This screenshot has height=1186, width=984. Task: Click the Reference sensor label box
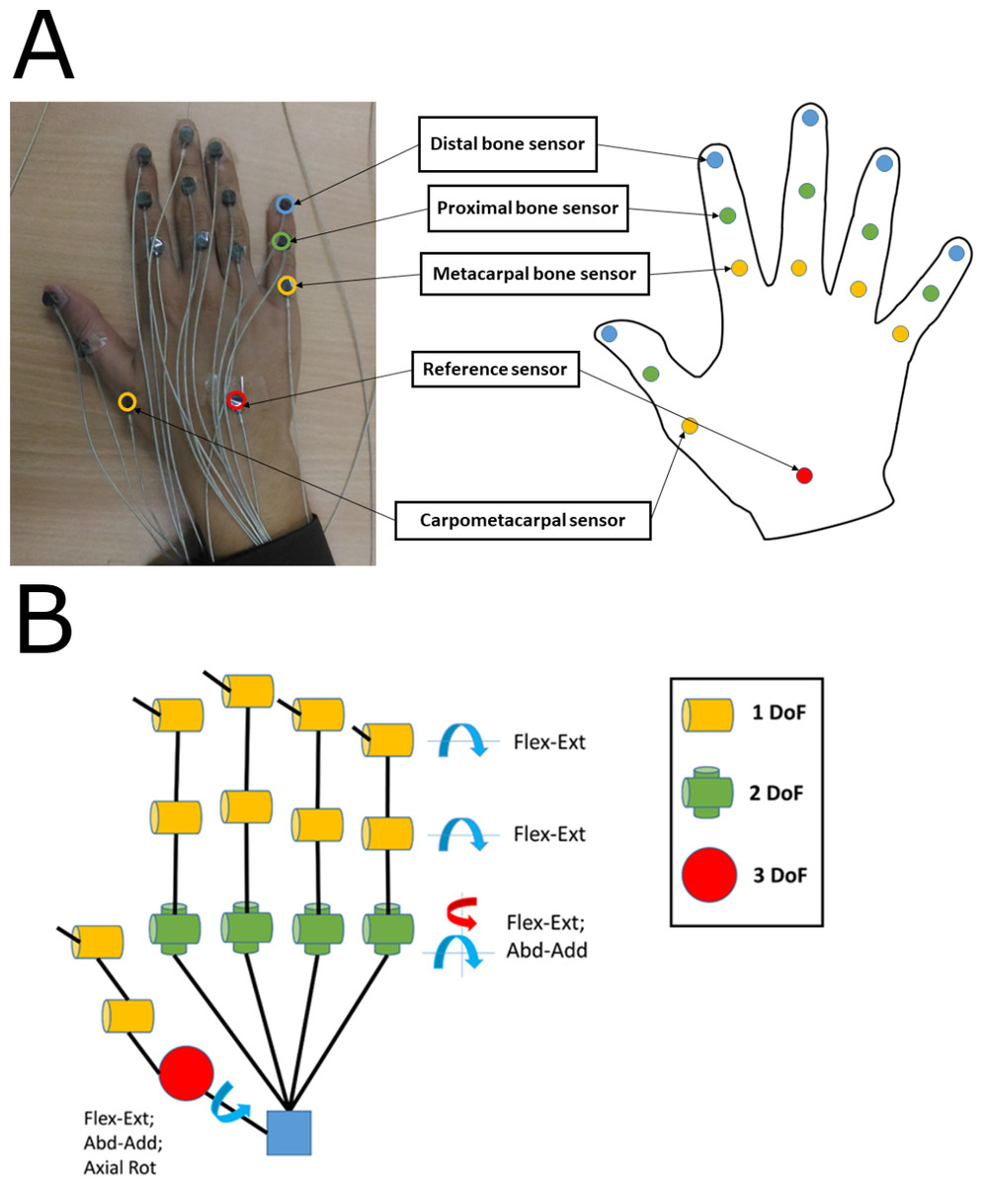click(x=494, y=369)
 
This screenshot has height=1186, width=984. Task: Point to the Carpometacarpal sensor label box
click(x=523, y=519)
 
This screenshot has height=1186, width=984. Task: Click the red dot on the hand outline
click(x=804, y=475)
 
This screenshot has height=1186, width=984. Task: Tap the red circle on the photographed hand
click(x=236, y=400)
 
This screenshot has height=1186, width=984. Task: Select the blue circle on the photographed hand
click(x=285, y=205)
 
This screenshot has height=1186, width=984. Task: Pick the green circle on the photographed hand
click(x=282, y=240)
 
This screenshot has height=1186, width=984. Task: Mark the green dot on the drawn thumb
click(x=651, y=374)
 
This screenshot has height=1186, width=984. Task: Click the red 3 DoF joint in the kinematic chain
click(x=186, y=1073)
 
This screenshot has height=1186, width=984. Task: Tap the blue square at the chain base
click(x=289, y=1133)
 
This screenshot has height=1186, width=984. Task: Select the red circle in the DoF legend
click(x=709, y=873)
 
